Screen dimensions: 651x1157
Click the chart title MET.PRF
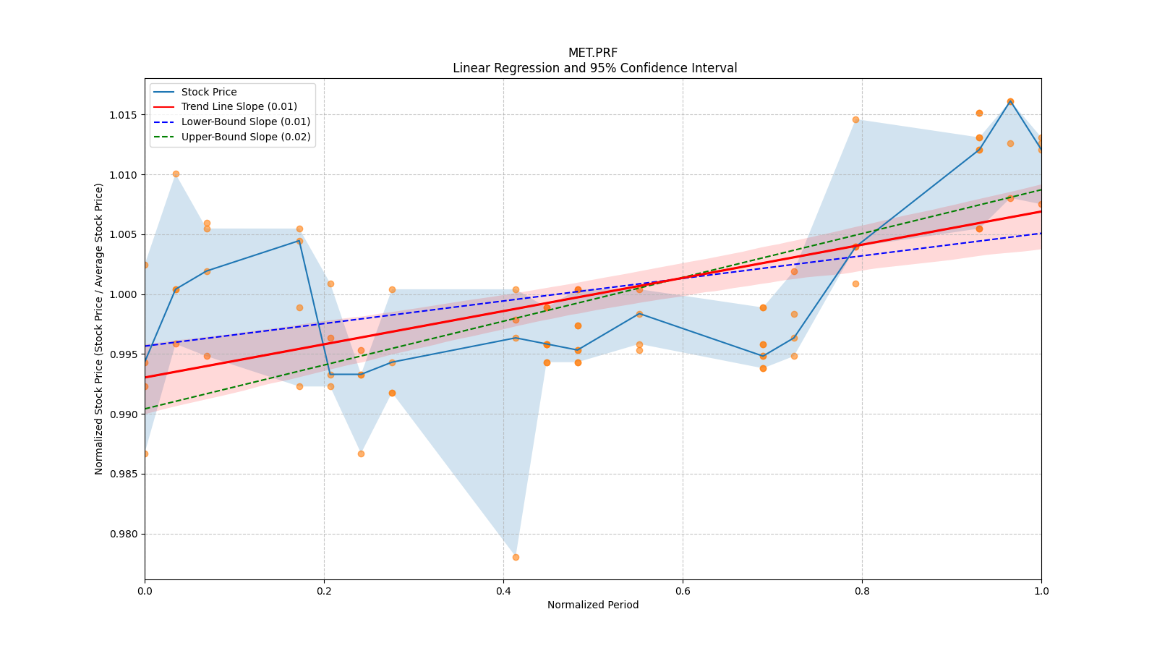(x=593, y=53)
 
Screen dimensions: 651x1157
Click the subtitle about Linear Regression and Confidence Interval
(x=594, y=68)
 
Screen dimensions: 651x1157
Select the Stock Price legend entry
(x=209, y=92)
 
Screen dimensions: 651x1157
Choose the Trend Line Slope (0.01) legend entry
(x=239, y=107)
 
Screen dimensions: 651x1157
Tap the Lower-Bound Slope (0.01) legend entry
(x=245, y=122)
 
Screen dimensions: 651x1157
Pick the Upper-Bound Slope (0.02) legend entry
(x=246, y=137)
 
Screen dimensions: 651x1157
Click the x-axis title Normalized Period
(x=593, y=605)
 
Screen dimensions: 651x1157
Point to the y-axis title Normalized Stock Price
(x=99, y=328)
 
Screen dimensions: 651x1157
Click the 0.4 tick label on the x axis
(x=503, y=591)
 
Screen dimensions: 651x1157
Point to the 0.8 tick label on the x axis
(x=862, y=591)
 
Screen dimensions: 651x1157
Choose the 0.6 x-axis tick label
(x=683, y=591)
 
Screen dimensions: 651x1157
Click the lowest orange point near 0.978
(x=516, y=557)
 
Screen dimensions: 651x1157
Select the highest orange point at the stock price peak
(x=1010, y=101)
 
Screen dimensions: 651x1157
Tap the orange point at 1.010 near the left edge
(x=176, y=174)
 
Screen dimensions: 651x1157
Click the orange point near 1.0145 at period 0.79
(x=855, y=119)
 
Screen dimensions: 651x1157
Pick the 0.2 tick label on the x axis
(x=324, y=591)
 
